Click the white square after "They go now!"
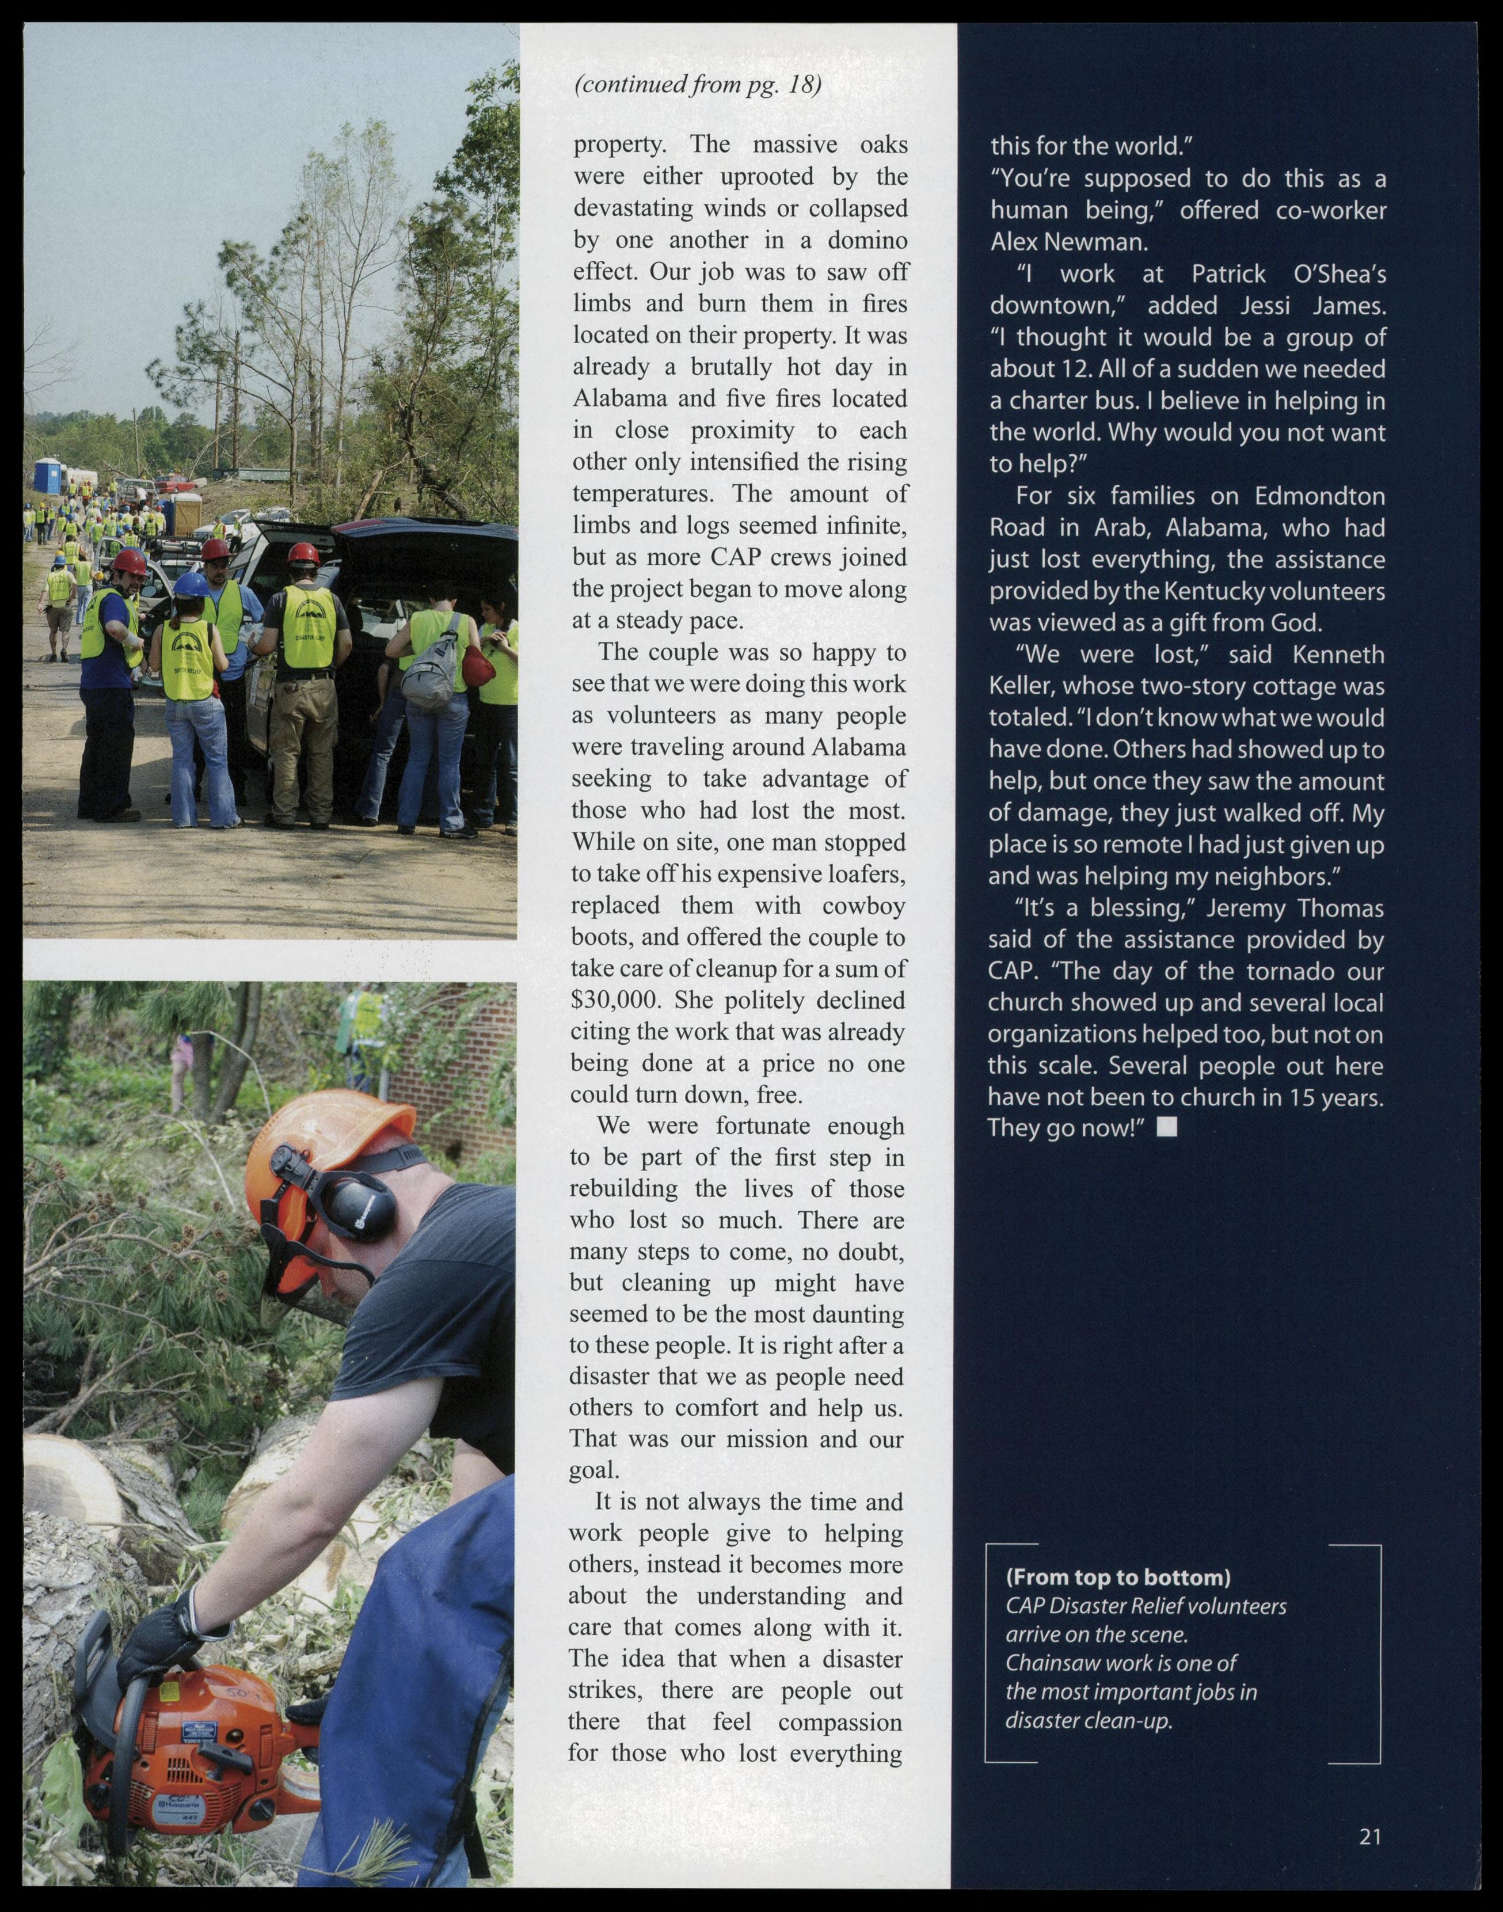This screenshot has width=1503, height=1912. coord(1166,1127)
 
